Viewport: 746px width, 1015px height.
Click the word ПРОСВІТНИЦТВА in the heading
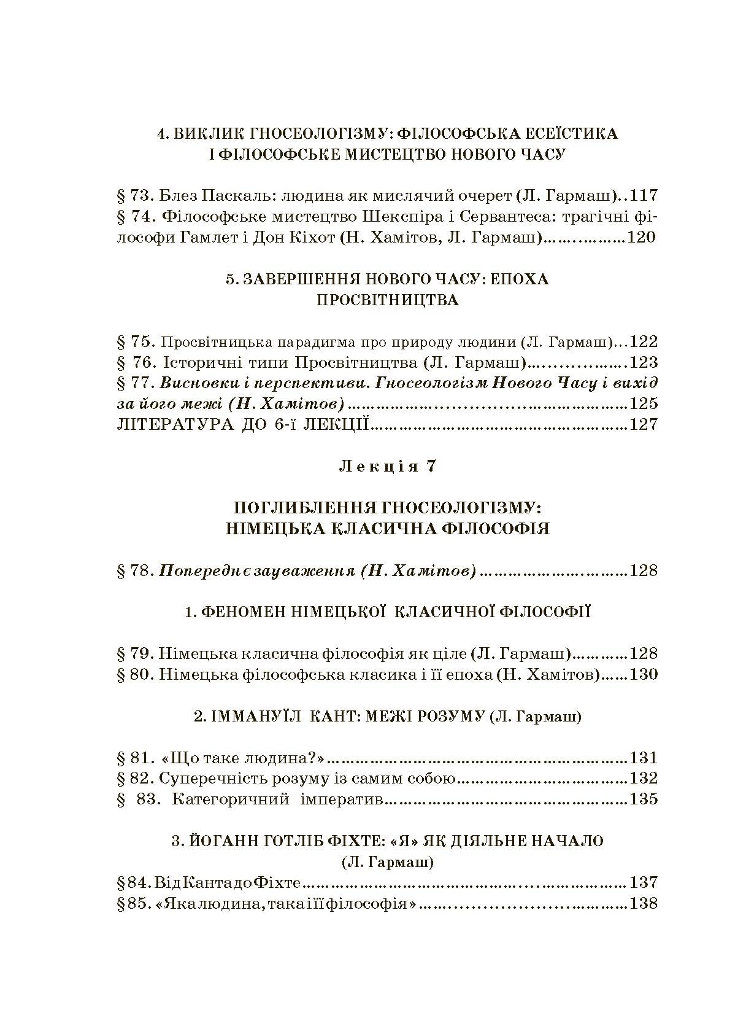[388, 300]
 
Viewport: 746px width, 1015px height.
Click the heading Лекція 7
[388, 466]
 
